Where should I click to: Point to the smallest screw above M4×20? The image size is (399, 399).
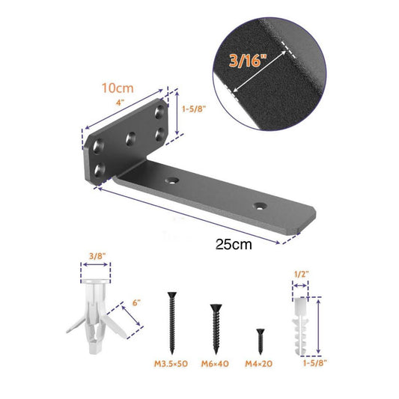tap(261, 341)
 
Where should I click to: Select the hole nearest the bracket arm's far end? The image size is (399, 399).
tap(261, 204)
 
